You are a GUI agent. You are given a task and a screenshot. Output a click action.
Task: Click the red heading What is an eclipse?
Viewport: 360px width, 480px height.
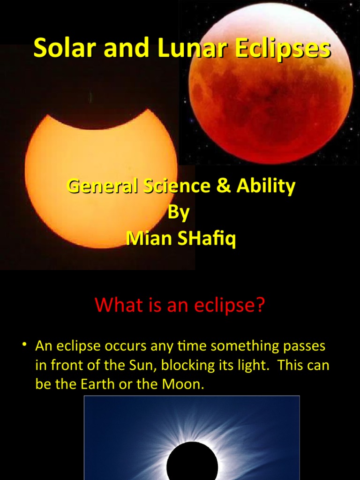click(x=180, y=305)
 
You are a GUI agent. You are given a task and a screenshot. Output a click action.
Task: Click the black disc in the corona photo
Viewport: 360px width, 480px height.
click(x=192, y=462)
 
